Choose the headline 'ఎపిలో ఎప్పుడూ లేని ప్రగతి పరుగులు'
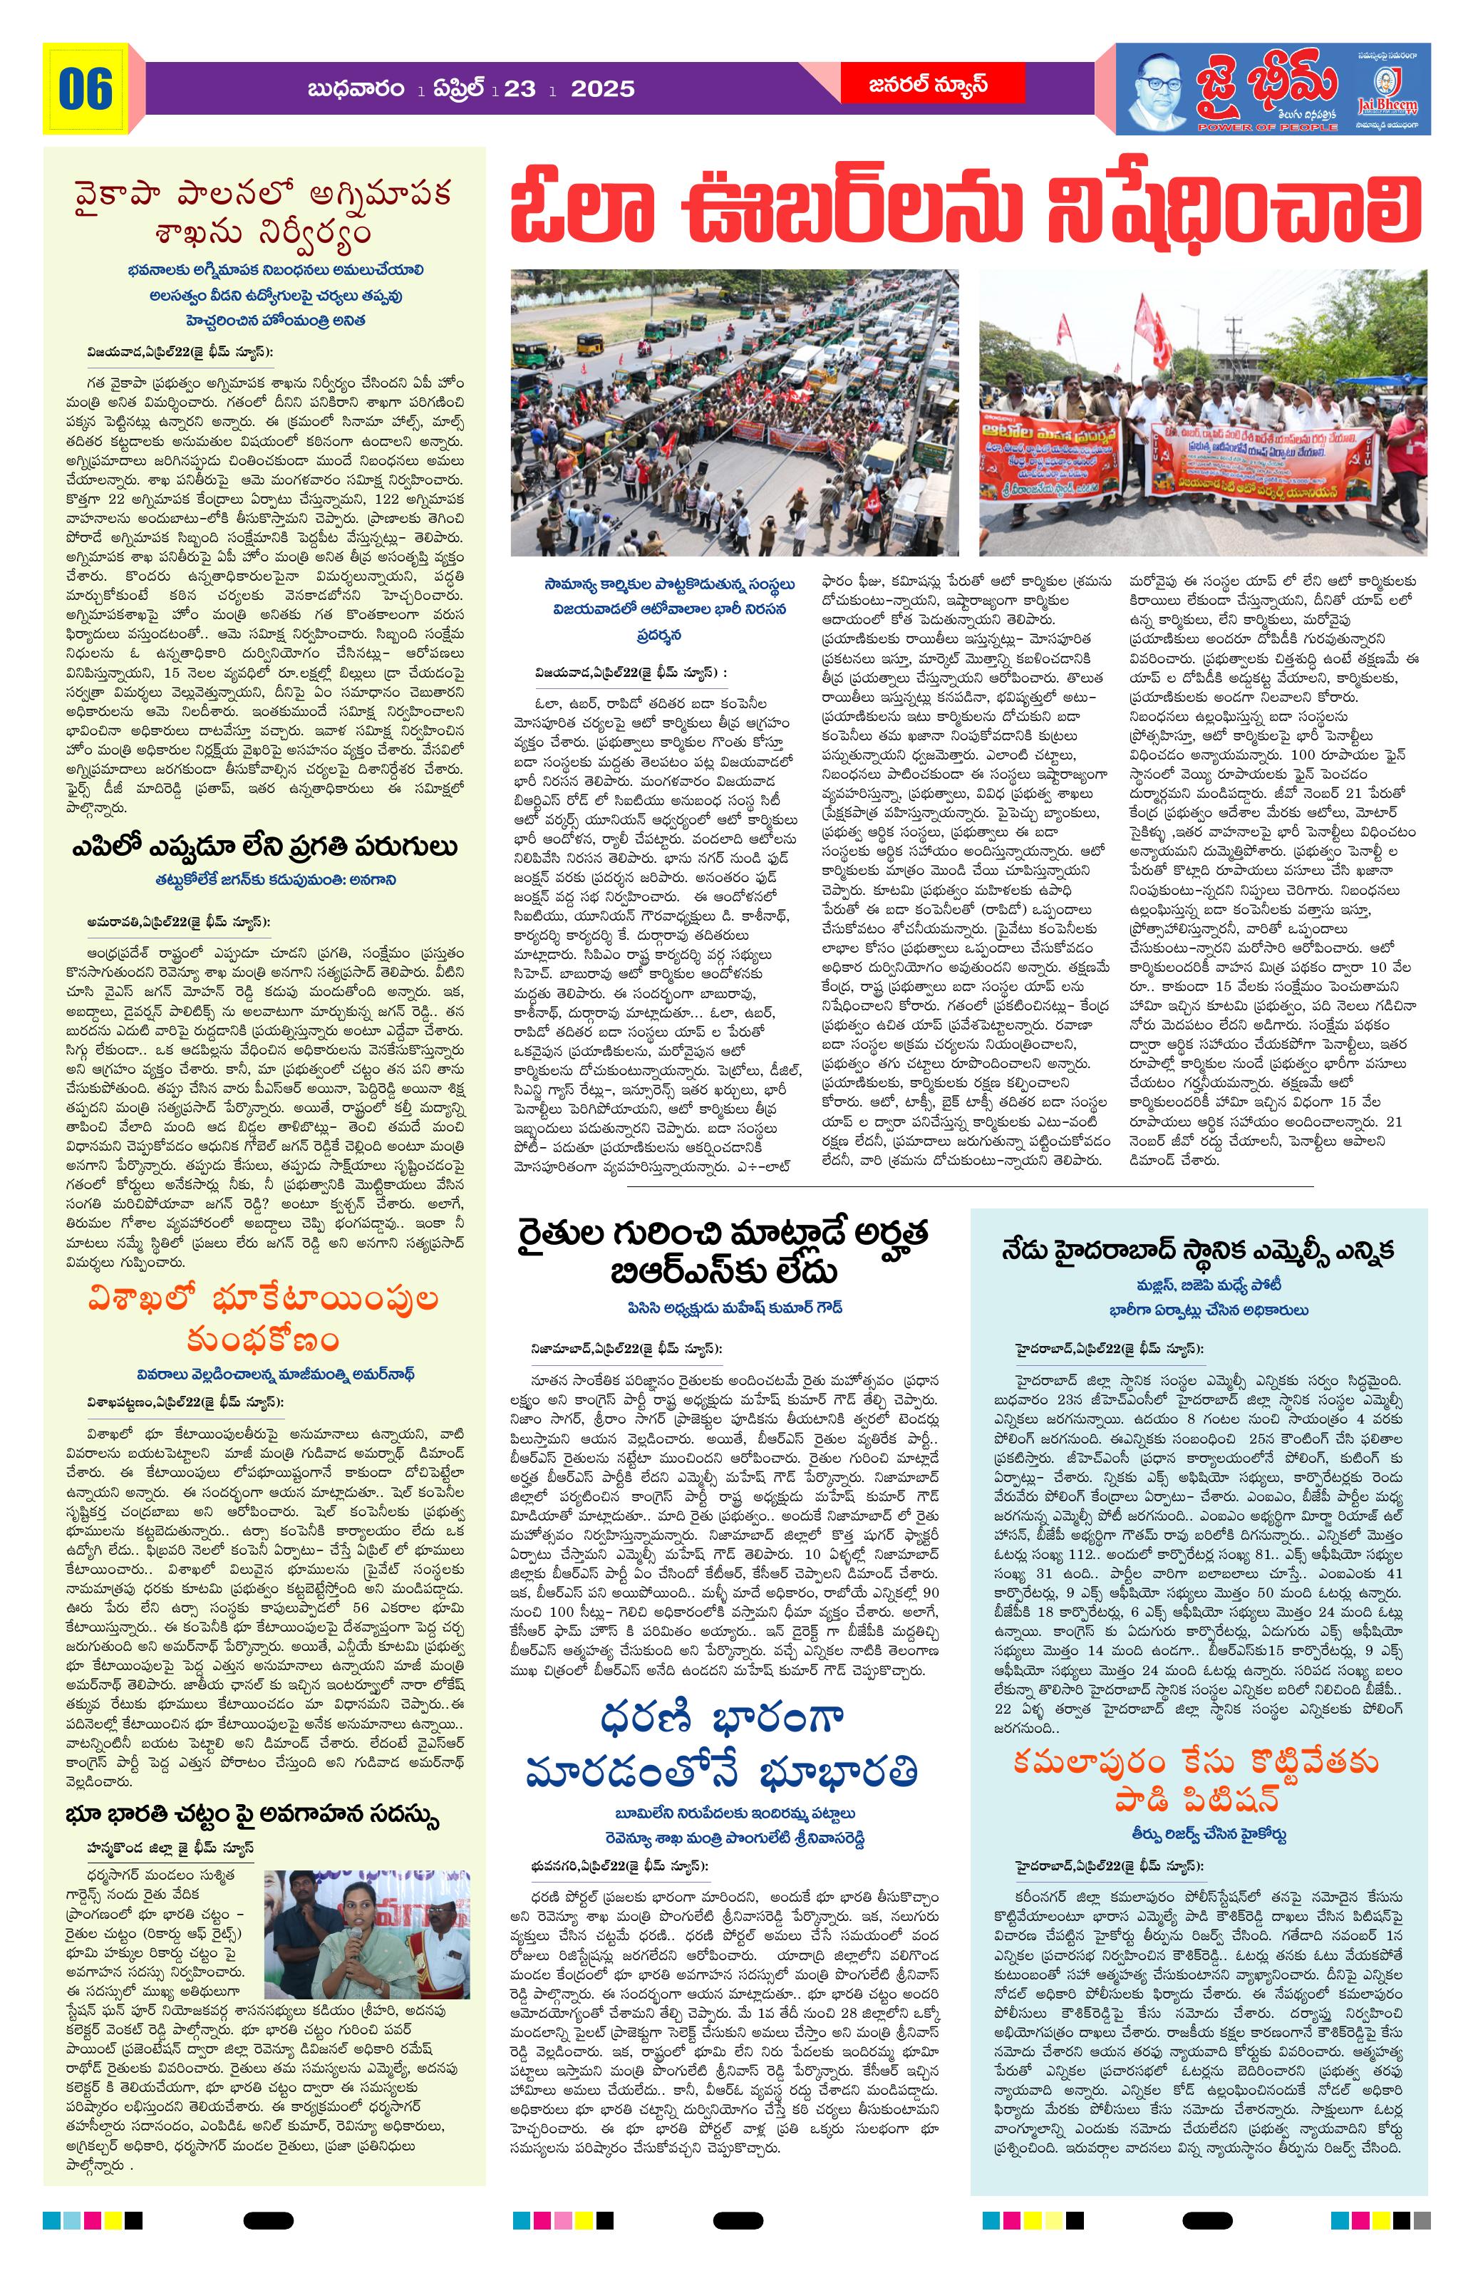click(x=264, y=848)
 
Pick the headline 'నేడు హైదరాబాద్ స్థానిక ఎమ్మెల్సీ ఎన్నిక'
click(x=1198, y=1249)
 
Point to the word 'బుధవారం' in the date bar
click(x=354, y=89)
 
